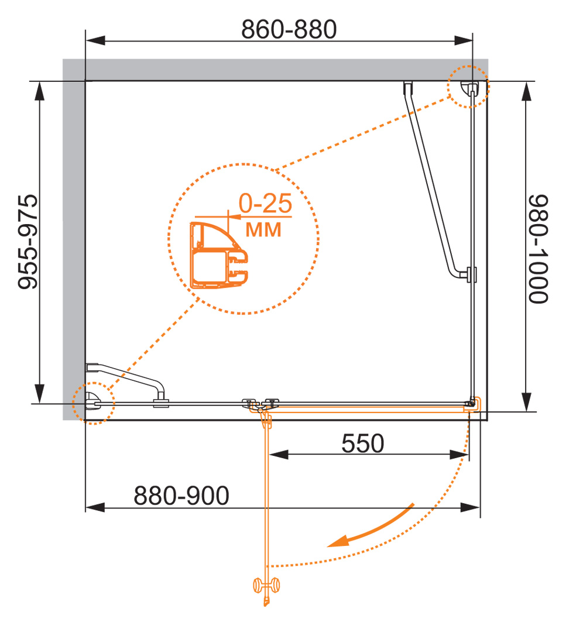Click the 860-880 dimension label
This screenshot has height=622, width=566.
(x=289, y=29)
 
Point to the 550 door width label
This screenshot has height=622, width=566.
(x=362, y=444)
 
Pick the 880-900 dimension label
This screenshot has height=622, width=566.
(x=181, y=496)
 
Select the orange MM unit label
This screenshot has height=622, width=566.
(x=263, y=229)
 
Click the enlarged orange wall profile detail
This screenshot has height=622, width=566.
(x=218, y=255)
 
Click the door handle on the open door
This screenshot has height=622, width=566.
(x=266, y=585)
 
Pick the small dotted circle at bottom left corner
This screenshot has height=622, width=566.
(x=92, y=403)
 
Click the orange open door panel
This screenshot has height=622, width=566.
(x=267, y=497)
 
